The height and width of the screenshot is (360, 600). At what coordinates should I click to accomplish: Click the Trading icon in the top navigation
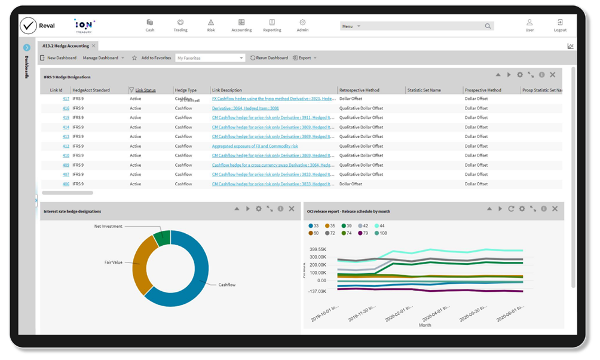[x=180, y=25]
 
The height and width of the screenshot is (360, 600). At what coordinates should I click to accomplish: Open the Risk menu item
[x=211, y=25]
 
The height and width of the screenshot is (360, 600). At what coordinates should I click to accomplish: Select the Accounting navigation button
[x=241, y=25]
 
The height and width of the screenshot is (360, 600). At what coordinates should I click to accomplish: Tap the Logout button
[x=560, y=25]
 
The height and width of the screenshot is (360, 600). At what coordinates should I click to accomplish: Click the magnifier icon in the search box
[x=488, y=26]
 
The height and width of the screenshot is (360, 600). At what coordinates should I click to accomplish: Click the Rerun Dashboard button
[x=269, y=58]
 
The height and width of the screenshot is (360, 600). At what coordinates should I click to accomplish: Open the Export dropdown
[x=305, y=58]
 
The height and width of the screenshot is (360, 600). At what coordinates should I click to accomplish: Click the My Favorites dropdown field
[x=210, y=58]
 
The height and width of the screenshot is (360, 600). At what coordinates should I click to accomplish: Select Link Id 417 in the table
[x=66, y=99]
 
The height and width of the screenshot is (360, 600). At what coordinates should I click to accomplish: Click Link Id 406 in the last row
[x=66, y=184]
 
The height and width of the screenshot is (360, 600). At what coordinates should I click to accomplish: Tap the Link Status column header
[x=145, y=90]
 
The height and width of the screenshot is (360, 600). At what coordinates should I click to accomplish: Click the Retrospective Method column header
[x=359, y=90]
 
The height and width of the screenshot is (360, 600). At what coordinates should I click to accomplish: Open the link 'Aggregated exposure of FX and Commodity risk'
[x=255, y=146]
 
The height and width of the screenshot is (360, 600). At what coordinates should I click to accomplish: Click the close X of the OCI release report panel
[x=555, y=209]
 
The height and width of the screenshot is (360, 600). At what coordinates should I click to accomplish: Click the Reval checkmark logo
[x=28, y=25]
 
